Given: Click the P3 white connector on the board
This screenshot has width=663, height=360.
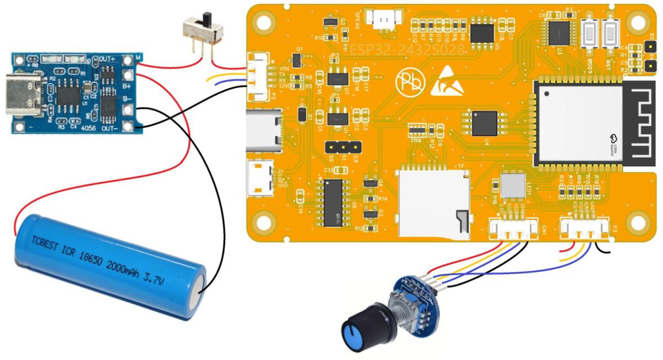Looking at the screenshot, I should point(586,227).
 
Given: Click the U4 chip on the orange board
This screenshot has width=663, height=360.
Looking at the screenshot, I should point(485,123).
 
